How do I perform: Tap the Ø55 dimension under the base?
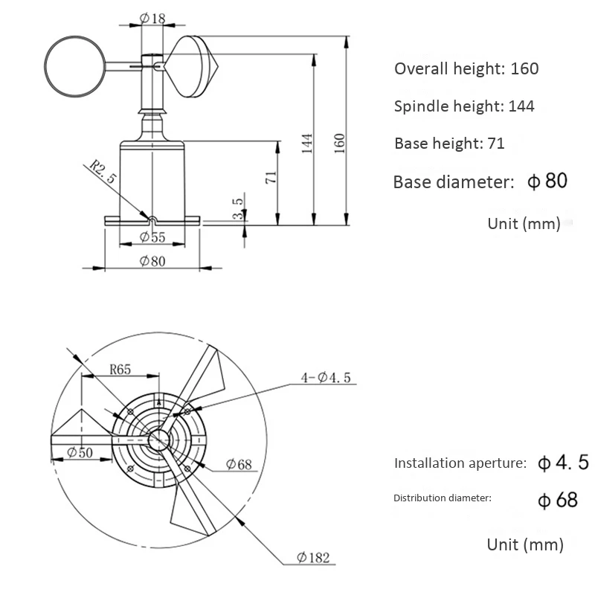[152, 238]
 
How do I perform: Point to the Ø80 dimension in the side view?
[152, 261]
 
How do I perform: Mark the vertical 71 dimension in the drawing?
[271, 177]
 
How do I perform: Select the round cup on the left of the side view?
[75, 66]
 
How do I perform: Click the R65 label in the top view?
[121, 368]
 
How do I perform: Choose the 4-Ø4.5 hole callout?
[325, 378]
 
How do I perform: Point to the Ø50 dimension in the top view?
[80, 452]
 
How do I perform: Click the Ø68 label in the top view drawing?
[239, 465]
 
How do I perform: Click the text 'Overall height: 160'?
[466, 69]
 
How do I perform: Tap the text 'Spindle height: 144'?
[464, 106]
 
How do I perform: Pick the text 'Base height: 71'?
[449, 144]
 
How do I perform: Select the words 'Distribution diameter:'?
[442, 498]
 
